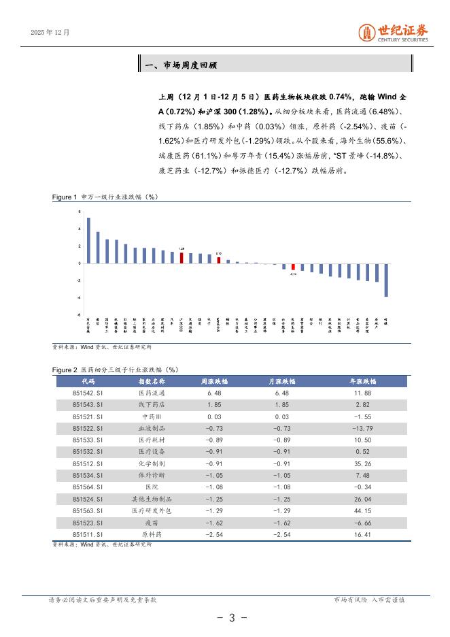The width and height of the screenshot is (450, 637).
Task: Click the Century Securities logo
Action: [x=394, y=33]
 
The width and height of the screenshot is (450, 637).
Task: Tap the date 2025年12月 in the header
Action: [x=50, y=31]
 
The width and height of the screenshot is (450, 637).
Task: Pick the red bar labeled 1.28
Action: [x=181, y=258]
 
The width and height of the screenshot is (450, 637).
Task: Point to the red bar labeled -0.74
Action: [x=293, y=267]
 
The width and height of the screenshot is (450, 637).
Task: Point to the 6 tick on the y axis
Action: [x=80, y=212]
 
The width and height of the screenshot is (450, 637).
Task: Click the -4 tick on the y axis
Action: [x=79, y=297]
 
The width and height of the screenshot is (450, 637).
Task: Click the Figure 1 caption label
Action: [x=65, y=197]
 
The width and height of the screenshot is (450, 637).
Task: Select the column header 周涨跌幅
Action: [x=214, y=381]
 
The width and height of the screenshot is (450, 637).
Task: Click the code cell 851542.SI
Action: [x=88, y=393]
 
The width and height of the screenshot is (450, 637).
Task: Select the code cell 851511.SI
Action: [x=88, y=534]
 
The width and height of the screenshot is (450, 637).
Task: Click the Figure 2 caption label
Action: [x=65, y=369]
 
